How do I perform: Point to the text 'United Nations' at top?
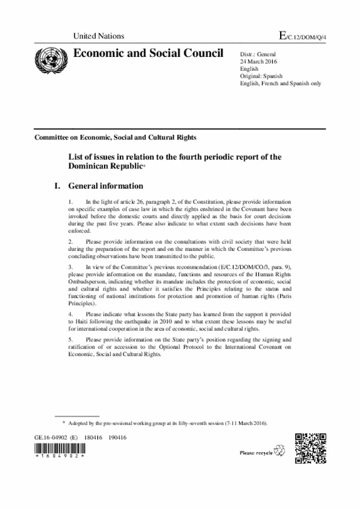tap(98, 36)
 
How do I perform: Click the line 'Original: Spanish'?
tap(261, 75)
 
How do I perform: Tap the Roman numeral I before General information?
tap(57, 186)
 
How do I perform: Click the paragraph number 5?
tap(70, 340)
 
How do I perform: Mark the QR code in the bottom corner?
tap(310, 448)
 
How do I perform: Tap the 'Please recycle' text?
tap(256, 452)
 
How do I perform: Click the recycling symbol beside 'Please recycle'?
tap(280, 451)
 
